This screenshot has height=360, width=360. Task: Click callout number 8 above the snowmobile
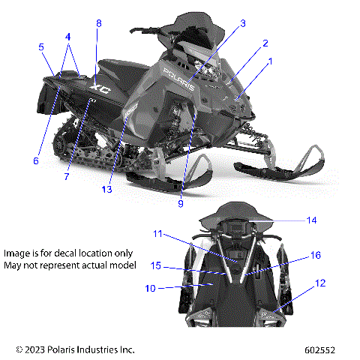coord(98,23)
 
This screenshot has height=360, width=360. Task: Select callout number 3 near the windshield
coord(242,24)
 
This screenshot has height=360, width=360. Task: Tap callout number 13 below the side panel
coord(107,190)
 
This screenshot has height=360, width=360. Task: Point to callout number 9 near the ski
coord(180,202)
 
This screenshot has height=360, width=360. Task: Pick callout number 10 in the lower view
coord(151,287)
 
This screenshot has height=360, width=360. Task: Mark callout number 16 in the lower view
coord(315,255)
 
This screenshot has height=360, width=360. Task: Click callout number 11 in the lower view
coord(158,234)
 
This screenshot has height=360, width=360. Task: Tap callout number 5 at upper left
coord(41,46)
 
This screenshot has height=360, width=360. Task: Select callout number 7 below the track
coord(66,177)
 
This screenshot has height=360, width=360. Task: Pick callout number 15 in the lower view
coord(155,265)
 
